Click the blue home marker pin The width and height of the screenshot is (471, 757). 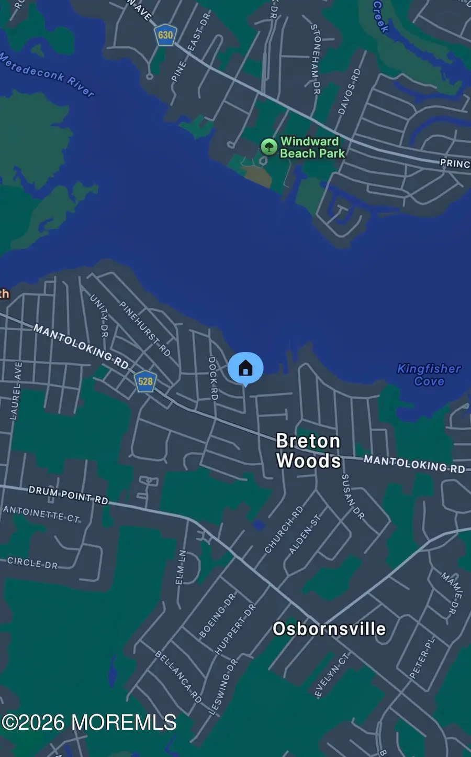pyautogui.click(x=245, y=368)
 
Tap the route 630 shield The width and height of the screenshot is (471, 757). pyautogui.click(x=165, y=35)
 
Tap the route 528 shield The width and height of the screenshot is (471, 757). pyautogui.click(x=145, y=381)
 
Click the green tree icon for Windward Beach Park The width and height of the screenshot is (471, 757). pyautogui.click(x=268, y=147)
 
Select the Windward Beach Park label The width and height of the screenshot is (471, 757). pyautogui.click(x=312, y=147)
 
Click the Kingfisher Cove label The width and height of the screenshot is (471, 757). pyautogui.click(x=429, y=375)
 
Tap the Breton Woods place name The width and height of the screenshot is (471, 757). pyautogui.click(x=308, y=451)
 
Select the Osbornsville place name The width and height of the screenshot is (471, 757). pyautogui.click(x=329, y=629)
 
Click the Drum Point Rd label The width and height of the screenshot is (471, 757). pyautogui.click(x=68, y=495)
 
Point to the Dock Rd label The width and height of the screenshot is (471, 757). pyautogui.click(x=213, y=378)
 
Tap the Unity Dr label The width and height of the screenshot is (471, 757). pyautogui.click(x=99, y=315)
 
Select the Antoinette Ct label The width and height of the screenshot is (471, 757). pyautogui.click(x=41, y=514)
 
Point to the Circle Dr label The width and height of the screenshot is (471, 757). pyautogui.click(x=32, y=563)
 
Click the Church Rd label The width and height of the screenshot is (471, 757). pyautogui.click(x=284, y=529)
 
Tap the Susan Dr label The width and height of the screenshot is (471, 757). pyautogui.click(x=352, y=496)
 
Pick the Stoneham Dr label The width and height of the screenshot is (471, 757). pyautogui.click(x=316, y=59)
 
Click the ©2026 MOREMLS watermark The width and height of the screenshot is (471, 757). pyautogui.click(x=89, y=722)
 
